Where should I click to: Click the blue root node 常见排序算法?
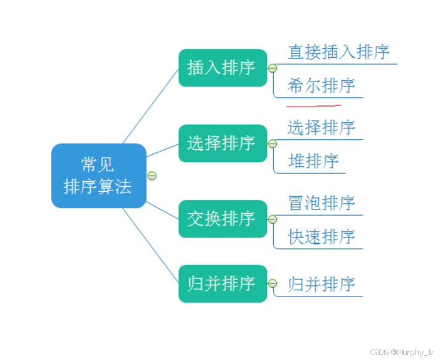(99, 176)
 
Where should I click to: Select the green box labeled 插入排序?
(223, 68)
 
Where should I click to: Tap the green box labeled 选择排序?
(223, 144)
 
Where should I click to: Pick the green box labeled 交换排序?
(223, 219)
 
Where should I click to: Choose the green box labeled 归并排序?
(223, 284)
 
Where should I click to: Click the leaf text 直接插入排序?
(338, 52)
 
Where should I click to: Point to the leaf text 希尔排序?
(321, 86)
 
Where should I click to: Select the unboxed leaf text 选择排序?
(321, 128)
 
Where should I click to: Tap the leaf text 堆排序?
(313, 162)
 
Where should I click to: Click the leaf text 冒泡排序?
(321, 203)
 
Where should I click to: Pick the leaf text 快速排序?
(321, 237)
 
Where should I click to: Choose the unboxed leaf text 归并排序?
(321, 284)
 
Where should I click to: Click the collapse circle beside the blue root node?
(152, 176)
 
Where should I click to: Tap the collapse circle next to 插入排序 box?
(272, 68)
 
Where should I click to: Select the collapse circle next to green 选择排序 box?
(272, 144)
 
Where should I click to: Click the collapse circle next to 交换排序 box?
(272, 219)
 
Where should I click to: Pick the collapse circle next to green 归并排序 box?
(272, 284)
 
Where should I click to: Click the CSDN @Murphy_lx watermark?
(401, 352)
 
